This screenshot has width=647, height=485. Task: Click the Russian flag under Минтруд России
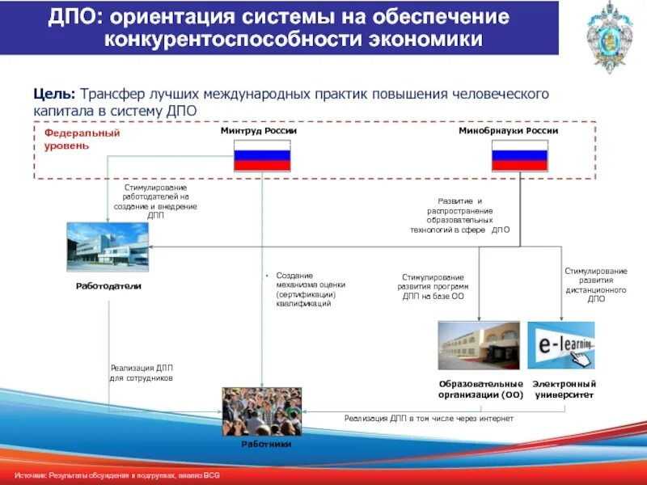[x=262, y=154]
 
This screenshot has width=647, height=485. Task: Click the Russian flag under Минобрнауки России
[x=519, y=154]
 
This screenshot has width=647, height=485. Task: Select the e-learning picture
[x=560, y=345]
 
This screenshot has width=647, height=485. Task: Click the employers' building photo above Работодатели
[x=108, y=247]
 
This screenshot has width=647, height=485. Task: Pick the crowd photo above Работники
[x=262, y=411]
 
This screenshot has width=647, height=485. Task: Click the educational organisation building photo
[x=479, y=345]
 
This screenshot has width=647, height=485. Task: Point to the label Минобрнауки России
[x=508, y=130]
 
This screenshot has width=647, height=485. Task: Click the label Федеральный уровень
[x=81, y=139]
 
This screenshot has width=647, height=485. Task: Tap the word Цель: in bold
[x=53, y=94]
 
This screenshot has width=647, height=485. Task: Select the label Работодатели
[x=108, y=286]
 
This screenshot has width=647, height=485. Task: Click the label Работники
[x=266, y=445]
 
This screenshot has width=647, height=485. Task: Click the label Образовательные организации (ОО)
[x=480, y=389]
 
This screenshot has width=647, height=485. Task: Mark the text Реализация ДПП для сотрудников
[x=142, y=373]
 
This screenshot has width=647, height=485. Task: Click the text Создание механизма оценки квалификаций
[x=311, y=289]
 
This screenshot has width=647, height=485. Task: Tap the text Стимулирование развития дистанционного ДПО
[x=596, y=285]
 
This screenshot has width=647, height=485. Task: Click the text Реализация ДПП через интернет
[x=429, y=418]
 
